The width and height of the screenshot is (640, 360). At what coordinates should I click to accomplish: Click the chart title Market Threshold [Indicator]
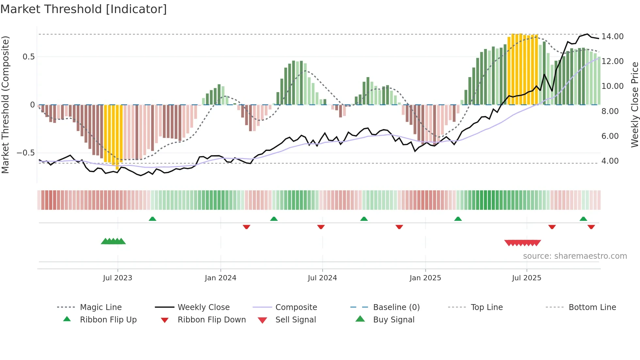click(84, 9)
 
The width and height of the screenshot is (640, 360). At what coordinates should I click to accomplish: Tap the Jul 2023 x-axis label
click(118, 278)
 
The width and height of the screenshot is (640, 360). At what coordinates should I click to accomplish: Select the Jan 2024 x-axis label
click(220, 278)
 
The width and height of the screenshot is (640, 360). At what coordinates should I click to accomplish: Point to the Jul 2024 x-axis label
click(322, 278)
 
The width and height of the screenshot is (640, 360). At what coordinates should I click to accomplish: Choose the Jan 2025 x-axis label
click(425, 278)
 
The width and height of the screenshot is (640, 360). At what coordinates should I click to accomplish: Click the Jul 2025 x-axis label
click(526, 278)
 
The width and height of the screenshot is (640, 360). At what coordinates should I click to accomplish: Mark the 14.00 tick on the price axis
click(613, 37)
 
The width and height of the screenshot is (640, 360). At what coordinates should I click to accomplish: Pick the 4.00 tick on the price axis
click(610, 161)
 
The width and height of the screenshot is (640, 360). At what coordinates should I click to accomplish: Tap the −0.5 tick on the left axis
click(25, 153)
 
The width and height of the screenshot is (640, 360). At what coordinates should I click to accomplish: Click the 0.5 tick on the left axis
click(28, 57)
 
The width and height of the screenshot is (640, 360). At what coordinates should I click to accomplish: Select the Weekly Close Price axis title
click(634, 105)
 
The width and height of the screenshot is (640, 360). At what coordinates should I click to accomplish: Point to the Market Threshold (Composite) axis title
click(5, 105)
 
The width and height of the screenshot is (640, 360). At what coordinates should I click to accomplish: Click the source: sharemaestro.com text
click(575, 256)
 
